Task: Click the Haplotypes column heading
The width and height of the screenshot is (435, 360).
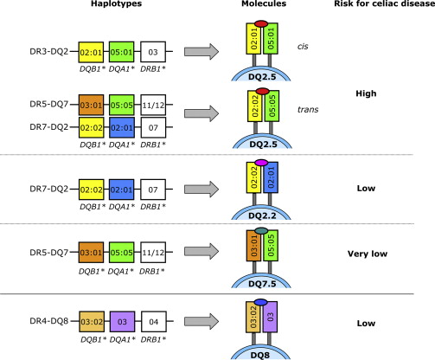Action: (x=116, y=3)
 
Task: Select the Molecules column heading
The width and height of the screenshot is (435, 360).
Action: (x=264, y=3)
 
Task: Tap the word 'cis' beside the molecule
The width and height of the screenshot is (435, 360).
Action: (x=303, y=46)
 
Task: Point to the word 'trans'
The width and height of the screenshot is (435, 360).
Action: (x=308, y=109)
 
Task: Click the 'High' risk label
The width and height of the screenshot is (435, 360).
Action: (x=366, y=93)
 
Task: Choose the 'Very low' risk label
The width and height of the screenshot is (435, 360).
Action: (x=368, y=254)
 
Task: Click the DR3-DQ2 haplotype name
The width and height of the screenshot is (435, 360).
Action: (x=49, y=51)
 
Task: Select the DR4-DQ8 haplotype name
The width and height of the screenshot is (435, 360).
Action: (x=49, y=321)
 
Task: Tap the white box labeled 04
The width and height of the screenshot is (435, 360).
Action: (x=154, y=321)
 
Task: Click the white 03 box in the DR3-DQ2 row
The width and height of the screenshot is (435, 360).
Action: (x=153, y=52)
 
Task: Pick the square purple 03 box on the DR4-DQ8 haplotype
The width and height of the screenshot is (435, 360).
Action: (x=122, y=321)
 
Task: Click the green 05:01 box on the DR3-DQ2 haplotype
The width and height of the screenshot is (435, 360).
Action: (x=121, y=52)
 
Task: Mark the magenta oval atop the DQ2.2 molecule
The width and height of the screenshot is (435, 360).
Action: (x=261, y=163)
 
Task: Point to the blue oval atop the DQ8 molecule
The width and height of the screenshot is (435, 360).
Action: (x=261, y=302)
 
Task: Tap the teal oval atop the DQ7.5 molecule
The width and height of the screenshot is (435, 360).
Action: (x=261, y=230)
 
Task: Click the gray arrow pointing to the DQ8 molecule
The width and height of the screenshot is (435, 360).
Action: (x=202, y=321)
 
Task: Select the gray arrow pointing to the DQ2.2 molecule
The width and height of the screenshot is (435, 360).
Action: (x=202, y=189)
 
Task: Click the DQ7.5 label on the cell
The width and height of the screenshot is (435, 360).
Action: (x=262, y=284)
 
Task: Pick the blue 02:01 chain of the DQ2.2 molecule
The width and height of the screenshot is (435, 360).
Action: (x=271, y=177)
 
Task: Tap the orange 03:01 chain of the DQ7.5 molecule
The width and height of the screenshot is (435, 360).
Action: (x=254, y=246)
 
